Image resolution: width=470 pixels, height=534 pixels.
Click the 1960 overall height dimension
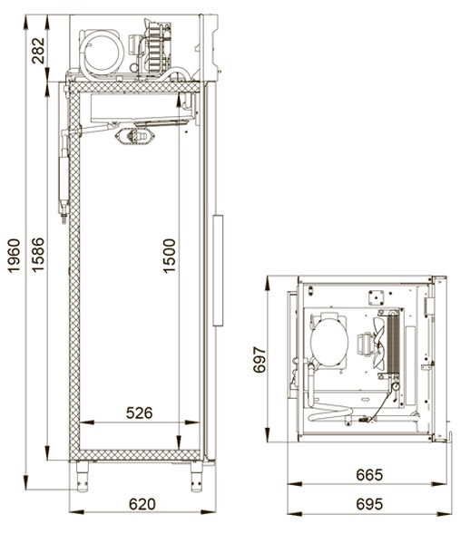pyautogui.click(x=15, y=256)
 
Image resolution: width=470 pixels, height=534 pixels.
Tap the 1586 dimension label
pyautogui.click(x=38, y=255)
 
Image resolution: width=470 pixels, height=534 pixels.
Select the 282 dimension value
pyautogui.click(x=38, y=51)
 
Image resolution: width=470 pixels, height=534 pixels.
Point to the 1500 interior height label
pyautogui.click(x=170, y=256)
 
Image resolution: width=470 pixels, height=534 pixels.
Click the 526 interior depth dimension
pyautogui.click(x=140, y=413)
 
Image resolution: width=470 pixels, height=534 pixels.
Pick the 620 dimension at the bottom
pyautogui.click(x=142, y=504)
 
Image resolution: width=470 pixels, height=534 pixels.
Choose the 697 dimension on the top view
pyautogui.click(x=259, y=360)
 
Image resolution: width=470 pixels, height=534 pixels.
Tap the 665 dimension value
pyautogui.click(x=369, y=475)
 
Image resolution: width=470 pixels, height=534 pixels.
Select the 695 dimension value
pyautogui.click(x=369, y=504)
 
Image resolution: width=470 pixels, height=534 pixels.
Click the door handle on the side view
pyautogui.click(x=218, y=270)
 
